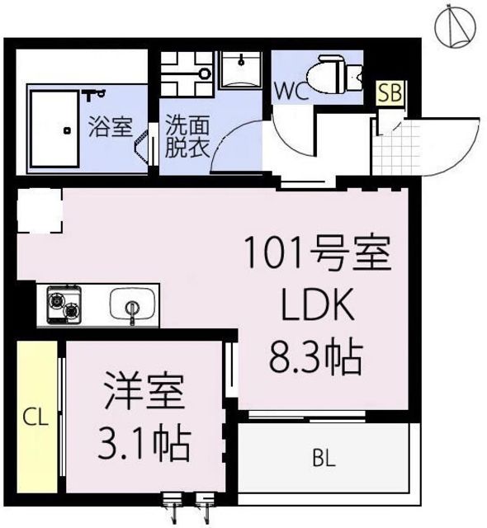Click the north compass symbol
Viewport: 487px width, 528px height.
pos(456,24)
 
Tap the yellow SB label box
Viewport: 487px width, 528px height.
pos(390,92)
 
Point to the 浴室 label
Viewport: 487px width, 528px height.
pos(110,128)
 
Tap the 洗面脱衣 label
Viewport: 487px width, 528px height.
pos(187,137)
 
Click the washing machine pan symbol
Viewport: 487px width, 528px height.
pos(187,72)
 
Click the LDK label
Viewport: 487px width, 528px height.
pos(318,307)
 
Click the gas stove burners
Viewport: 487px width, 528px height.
pos(64,304)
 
